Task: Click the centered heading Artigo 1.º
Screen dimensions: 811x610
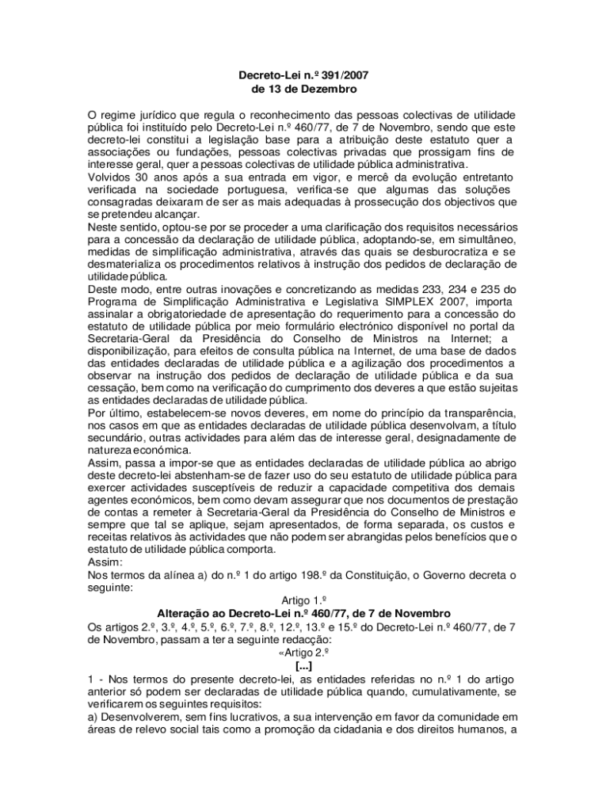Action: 304,601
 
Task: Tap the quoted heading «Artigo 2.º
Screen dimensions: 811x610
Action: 304,652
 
